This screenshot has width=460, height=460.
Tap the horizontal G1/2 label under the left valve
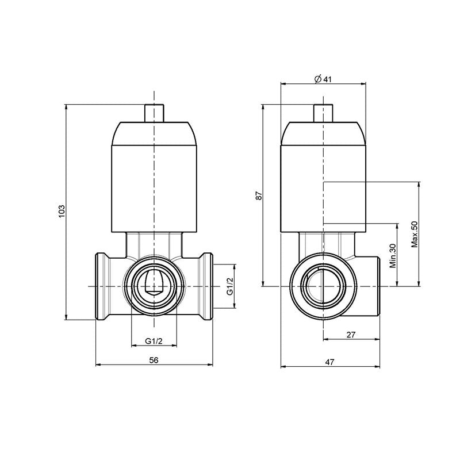[x=154, y=342]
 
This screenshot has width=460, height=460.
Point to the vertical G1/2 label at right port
[x=229, y=286]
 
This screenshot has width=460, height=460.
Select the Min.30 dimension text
[x=393, y=256]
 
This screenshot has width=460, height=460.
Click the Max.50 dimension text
[x=413, y=234]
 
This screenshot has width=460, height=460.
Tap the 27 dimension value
[x=351, y=335]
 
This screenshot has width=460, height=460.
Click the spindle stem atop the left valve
[x=154, y=113]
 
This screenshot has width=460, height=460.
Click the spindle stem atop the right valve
[x=323, y=113]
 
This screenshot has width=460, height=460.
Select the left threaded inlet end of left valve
[x=103, y=286]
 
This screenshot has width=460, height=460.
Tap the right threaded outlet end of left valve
[x=205, y=286]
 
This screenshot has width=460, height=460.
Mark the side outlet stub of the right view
[x=368, y=286]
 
